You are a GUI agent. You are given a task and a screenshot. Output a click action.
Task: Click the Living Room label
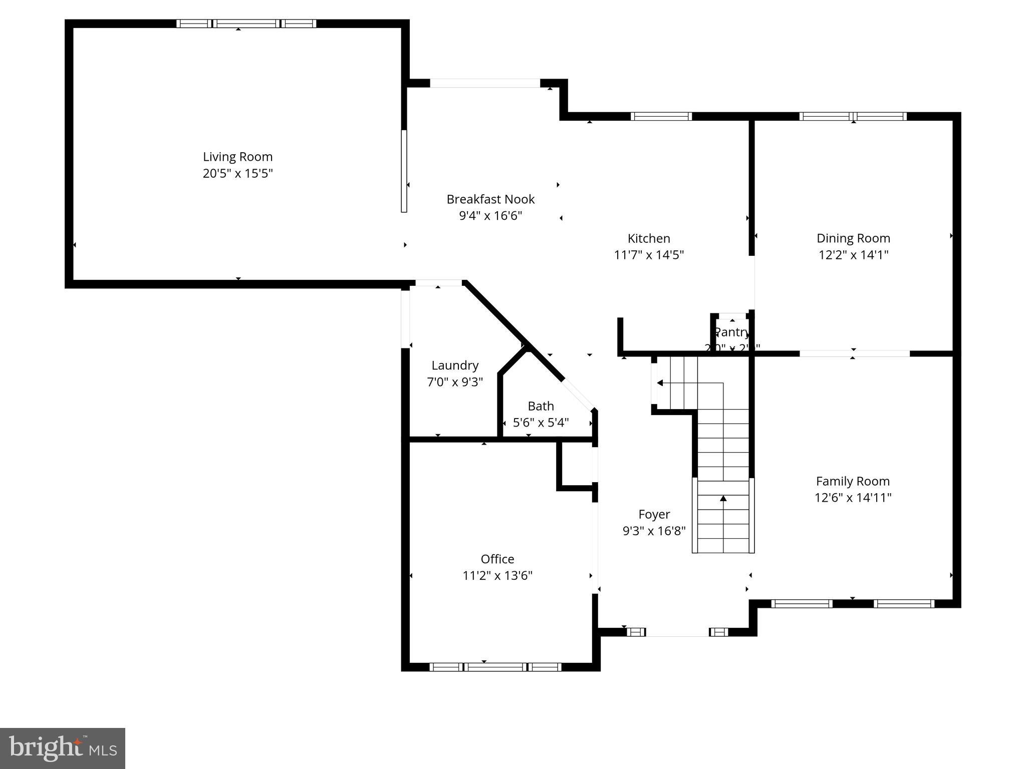point(237,157)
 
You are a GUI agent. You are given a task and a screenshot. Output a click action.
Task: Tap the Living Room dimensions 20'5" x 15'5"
point(237,174)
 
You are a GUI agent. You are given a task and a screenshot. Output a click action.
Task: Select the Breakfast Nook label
point(490,199)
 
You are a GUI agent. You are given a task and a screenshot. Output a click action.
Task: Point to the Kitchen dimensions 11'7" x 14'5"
point(649,255)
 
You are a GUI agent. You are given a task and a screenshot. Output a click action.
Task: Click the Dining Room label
point(853,238)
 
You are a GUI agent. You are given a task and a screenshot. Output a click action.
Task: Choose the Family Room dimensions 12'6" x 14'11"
point(853,498)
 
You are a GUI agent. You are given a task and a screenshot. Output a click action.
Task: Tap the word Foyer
point(654,514)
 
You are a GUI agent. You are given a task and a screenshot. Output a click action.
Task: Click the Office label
point(497,559)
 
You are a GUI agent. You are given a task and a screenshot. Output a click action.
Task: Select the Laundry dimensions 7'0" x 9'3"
point(454,382)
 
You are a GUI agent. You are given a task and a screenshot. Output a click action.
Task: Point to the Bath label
point(541,406)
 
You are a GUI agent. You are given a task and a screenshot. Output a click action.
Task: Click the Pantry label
point(732,332)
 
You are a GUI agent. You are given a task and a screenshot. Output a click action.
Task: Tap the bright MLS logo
point(62,748)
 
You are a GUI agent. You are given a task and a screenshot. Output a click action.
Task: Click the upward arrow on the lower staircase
point(723,499)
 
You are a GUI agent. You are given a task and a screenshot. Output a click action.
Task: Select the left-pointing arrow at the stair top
point(660,383)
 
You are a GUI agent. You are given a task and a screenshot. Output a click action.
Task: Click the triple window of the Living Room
point(246,24)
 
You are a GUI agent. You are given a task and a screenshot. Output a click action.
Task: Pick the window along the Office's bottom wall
point(495,667)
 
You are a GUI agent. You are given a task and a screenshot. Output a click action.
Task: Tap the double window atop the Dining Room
point(853,117)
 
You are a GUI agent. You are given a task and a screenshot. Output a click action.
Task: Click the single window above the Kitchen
point(661,117)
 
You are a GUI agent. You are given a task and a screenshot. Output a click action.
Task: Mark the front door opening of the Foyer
point(677,633)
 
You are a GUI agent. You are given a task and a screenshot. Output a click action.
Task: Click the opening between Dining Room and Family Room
point(854,353)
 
